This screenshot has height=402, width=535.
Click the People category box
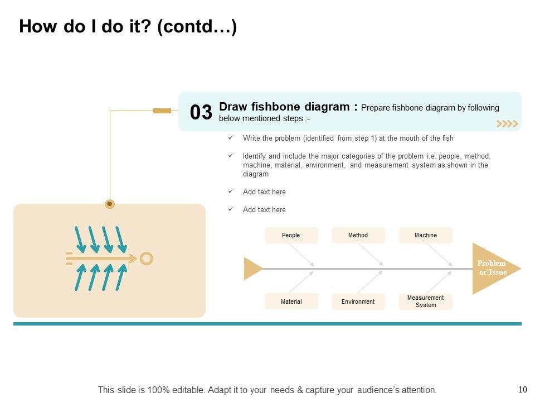[x=291, y=235]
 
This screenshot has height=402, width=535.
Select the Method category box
[x=358, y=235]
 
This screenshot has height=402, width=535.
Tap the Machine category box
[x=425, y=235]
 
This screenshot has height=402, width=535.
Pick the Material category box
[x=291, y=301]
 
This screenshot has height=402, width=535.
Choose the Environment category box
[x=358, y=301]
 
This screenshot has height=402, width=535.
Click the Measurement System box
[x=425, y=301]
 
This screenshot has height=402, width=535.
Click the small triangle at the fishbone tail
[x=252, y=269]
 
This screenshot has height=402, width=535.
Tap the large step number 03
[x=201, y=112]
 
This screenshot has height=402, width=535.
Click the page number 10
[x=522, y=390]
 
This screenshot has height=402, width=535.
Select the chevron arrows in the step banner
[x=507, y=124]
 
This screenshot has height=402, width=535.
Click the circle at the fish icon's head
[x=146, y=259]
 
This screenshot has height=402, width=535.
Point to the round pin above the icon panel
[x=110, y=204]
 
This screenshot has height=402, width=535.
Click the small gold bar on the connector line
[x=162, y=111]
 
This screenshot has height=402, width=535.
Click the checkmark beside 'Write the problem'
[x=231, y=138]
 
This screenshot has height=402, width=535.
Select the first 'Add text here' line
[x=264, y=192]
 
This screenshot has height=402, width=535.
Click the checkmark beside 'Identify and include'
[x=231, y=156]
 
